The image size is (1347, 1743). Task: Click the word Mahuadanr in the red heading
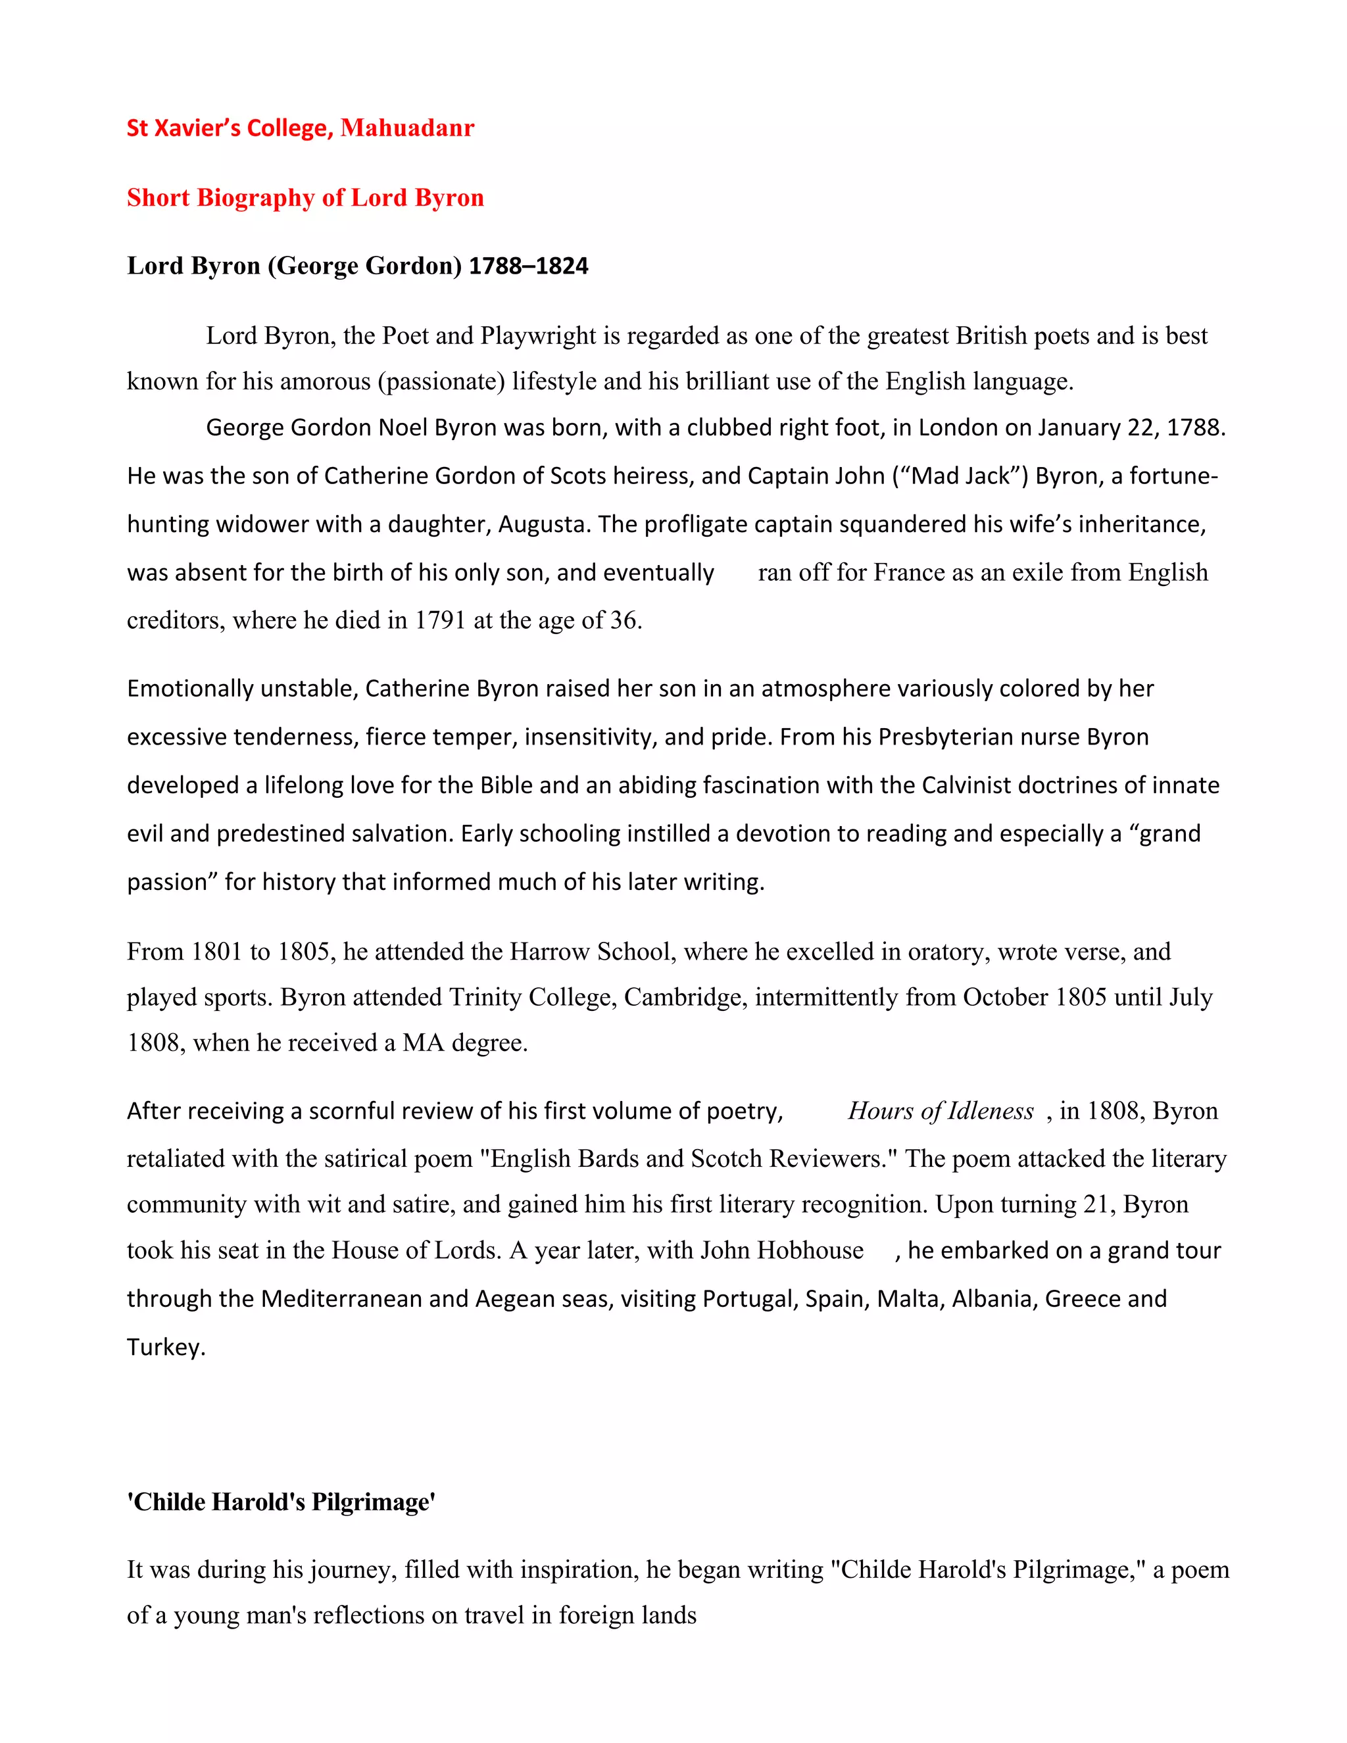pyautogui.click(x=407, y=128)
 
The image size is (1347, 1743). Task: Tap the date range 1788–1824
pyautogui.click(x=527, y=266)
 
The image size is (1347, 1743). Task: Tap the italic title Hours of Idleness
pyautogui.click(x=940, y=1111)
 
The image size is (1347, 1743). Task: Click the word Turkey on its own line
pyautogui.click(x=165, y=1348)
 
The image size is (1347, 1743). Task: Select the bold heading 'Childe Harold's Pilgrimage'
pyautogui.click(x=281, y=1502)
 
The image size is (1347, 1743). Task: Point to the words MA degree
pyautogui.click(x=464, y=1043)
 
